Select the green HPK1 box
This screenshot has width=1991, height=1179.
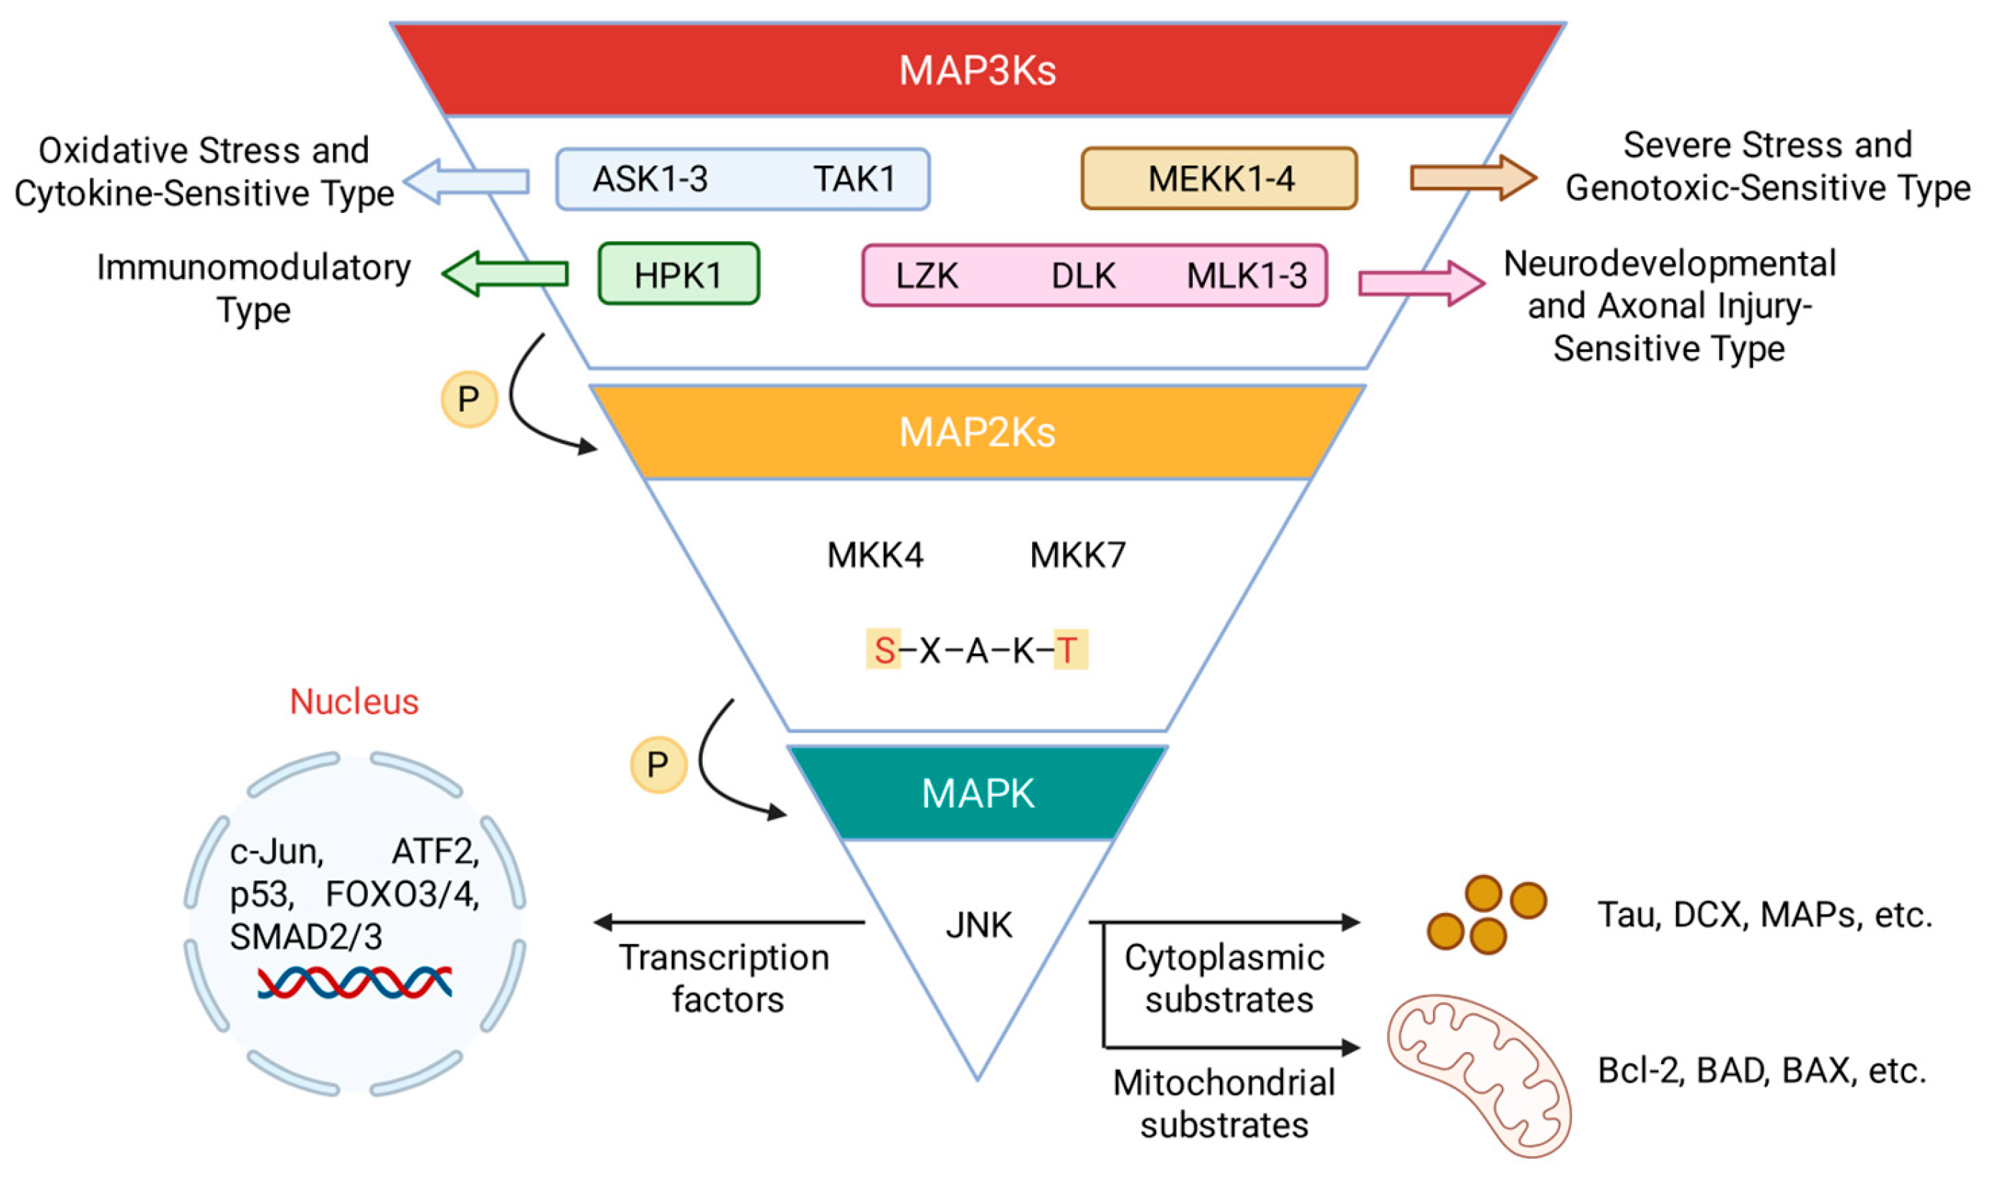(x=678, y=274)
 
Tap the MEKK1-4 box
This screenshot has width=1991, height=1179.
(x=1219, y=179)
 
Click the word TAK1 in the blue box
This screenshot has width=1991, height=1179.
(x=854, y=179)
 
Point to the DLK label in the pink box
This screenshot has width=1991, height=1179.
(x=1083, y=275)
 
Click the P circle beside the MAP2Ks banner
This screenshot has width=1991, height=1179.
(x=469, y=399)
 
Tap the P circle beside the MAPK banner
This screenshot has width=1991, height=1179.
(x=658, y=765)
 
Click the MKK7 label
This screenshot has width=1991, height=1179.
(x=1077, y=555)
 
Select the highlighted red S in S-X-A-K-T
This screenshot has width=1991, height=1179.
(x=884, y=650)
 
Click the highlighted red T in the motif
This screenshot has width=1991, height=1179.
(x=1069, y=650)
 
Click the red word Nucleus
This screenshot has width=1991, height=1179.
(x=354, y=701)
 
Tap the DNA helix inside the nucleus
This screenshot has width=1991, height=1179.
(x=354, y=982)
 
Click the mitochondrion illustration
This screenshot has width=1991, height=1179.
(x=1477, y=1074)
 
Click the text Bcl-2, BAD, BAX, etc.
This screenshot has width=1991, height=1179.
(x=1761, y=1071)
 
